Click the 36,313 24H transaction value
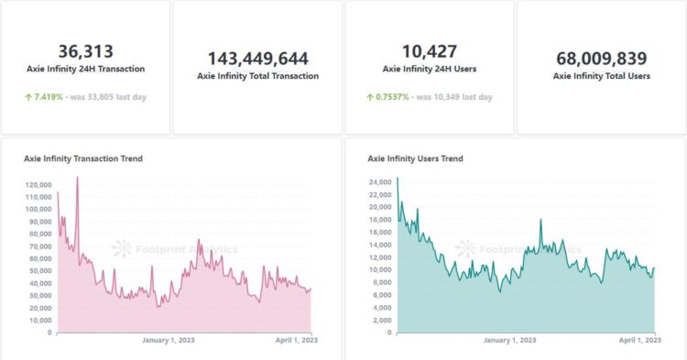pos(85,51)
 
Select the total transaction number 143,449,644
pos(257,59)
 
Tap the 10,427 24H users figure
pos(429,51)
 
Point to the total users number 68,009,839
pos(601,59)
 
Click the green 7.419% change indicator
pos(47,97)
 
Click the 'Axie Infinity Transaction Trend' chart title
pos(82,158)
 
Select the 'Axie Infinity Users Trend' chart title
pos(415,158)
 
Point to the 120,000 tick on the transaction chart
pos(37,185)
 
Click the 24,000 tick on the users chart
pos(380,181)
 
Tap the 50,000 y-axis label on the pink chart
pos(38,271)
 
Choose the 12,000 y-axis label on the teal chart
pos(380,257)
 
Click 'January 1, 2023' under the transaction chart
pos(169,340)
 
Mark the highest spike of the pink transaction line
pos(77,178)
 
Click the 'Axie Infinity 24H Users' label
pos(429,69)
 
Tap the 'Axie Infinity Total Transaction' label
pos(257,76)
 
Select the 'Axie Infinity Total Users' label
pos(601,76)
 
